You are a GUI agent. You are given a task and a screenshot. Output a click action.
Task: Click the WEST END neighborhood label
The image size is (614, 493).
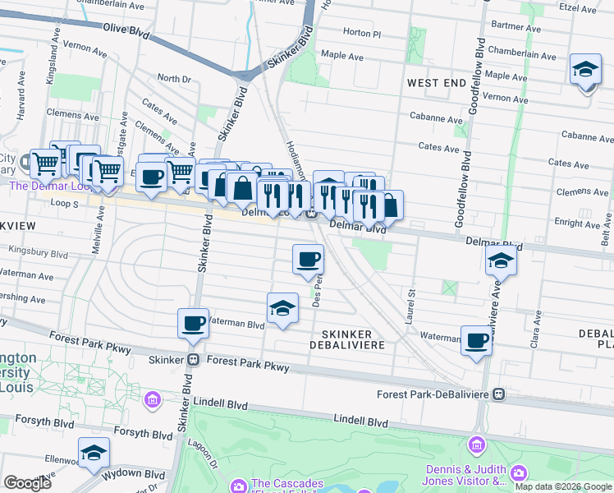[436, 83]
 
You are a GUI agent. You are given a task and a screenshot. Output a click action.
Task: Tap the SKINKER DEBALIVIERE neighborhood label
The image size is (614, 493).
[346, 339]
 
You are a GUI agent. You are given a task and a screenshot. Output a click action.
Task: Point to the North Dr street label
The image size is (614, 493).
[173, 79]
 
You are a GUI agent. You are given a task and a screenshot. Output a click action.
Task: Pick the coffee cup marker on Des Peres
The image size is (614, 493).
[308, 260]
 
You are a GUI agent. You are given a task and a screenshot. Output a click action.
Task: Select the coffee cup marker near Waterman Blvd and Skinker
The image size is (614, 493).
[193, 323]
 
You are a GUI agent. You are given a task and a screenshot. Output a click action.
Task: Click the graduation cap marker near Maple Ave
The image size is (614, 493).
[585, 70]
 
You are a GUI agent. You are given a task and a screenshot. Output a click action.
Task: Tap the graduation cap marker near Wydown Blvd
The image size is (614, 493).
[94, 454]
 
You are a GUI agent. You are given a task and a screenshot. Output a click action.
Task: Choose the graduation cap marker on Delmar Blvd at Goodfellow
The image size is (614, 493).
[501, 262]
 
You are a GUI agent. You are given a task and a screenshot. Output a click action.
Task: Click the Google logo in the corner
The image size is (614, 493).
[28, 483]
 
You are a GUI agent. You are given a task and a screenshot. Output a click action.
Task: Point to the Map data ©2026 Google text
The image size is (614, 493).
[563, 486]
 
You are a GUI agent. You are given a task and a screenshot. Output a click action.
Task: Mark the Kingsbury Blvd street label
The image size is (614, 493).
[39, 251]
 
